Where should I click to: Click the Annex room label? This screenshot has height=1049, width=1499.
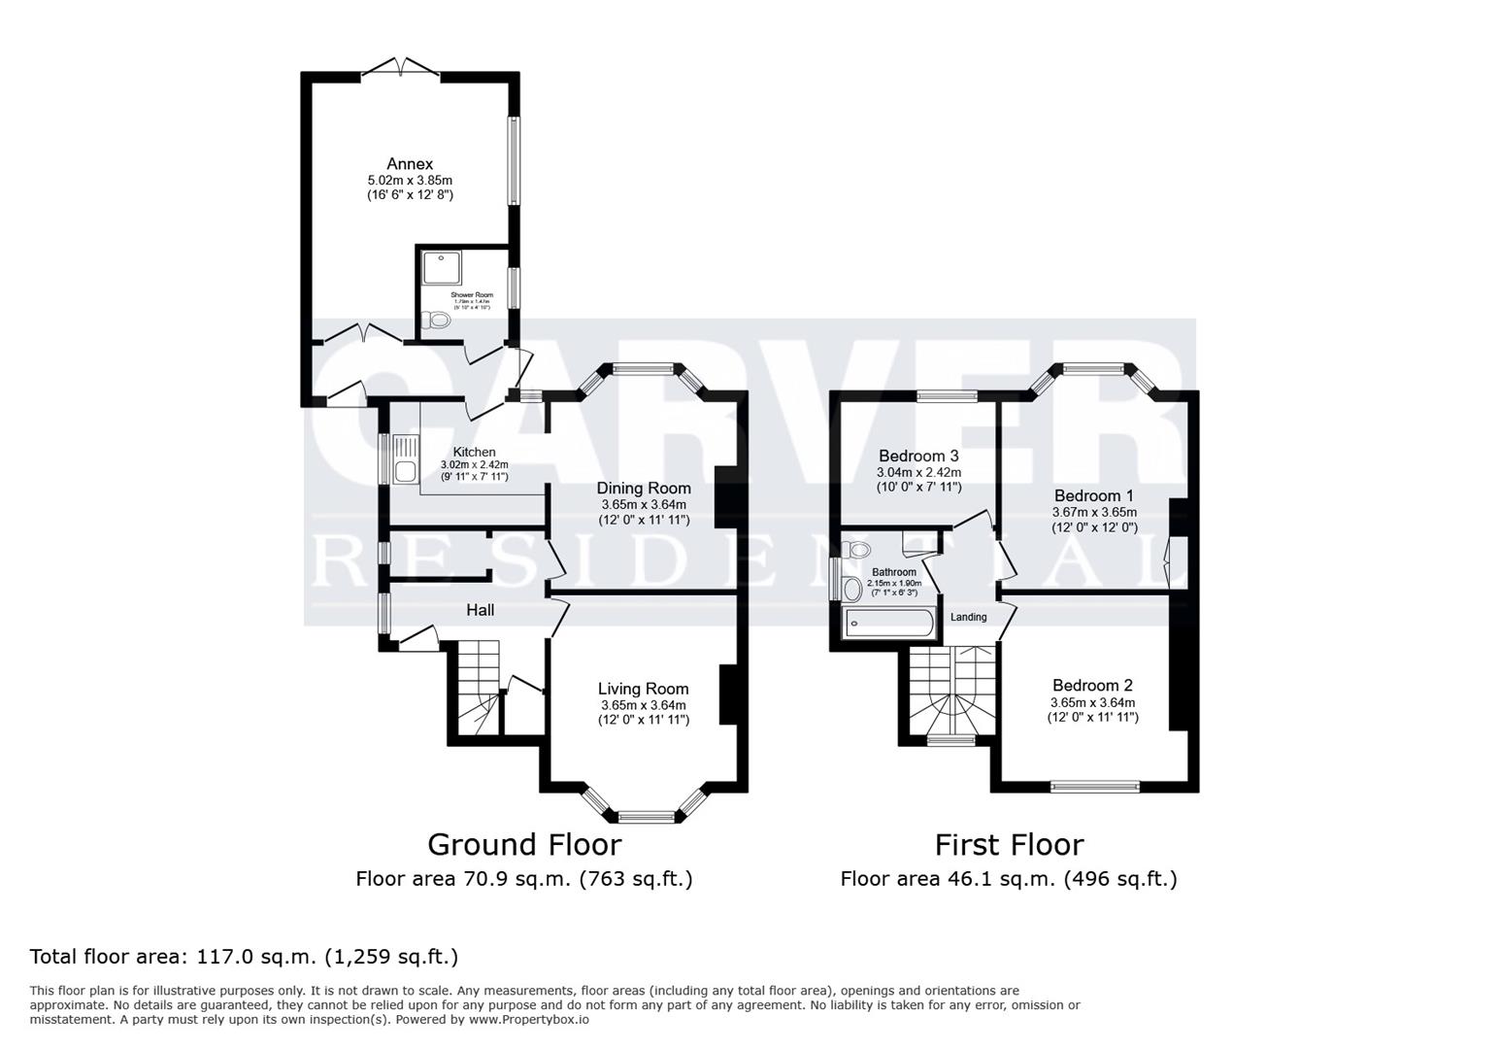point(409,164)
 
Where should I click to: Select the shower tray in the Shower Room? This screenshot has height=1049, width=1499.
point(442,268)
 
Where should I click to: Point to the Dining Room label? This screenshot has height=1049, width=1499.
point(643,489)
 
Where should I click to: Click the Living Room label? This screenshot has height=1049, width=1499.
point(643,689)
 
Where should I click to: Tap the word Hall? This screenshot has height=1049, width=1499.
point(480,610)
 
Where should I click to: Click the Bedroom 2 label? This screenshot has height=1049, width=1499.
point(1092,685)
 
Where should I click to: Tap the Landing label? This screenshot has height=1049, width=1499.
point(968,618)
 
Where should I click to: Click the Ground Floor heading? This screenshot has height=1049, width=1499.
point(523,844)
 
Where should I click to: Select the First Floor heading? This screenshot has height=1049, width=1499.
point(1009,844)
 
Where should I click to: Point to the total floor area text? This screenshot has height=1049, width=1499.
point(244,957)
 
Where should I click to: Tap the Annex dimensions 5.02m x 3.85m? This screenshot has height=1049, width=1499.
point(409,181)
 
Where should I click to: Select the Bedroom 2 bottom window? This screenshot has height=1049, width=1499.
point(1095,787)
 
